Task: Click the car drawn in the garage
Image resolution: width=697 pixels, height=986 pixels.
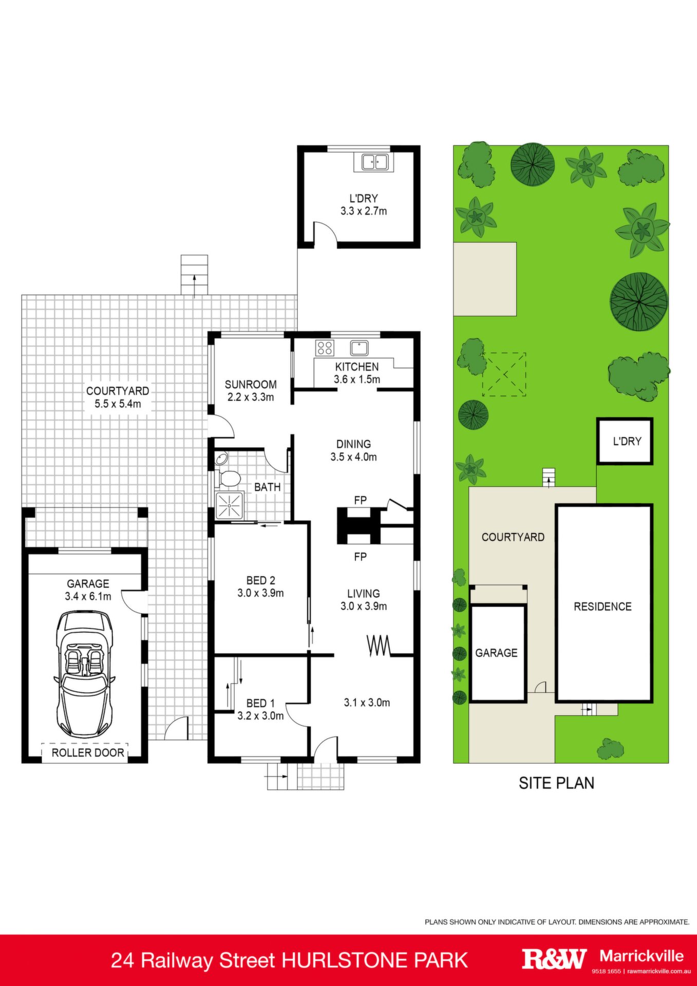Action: coord(84,673)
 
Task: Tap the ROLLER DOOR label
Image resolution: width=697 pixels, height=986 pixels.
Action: coord(88,753)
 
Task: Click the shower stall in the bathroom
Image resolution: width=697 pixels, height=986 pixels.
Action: coord(230,506)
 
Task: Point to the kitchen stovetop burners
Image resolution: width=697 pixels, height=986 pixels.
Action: coord(325,348)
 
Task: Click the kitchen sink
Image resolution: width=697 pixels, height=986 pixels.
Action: coord(359,348)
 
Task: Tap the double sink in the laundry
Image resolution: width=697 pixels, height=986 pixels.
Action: coord(374,162)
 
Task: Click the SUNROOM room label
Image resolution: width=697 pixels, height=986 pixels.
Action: coord(251,384)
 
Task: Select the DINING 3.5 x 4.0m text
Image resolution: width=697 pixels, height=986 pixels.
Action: coord(353,450)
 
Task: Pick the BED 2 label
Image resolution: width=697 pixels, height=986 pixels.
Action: coord(261,580)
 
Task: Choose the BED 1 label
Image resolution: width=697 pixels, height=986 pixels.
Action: coord(260,703)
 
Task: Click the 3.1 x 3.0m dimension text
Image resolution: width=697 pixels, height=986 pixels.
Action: coord(367,703)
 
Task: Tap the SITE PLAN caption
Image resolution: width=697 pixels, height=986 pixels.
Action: coord(556,783)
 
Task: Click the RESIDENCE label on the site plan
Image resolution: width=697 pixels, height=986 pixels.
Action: coord(602,606)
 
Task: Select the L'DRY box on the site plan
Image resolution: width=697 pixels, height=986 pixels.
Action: coord(625,441)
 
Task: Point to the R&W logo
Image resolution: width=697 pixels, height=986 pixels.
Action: coord(554,959)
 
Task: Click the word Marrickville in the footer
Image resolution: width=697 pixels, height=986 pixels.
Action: coord(642,956)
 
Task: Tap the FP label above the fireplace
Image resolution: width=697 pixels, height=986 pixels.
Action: coord(360,500)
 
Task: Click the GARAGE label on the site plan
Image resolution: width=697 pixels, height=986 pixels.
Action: coord(496,653)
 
